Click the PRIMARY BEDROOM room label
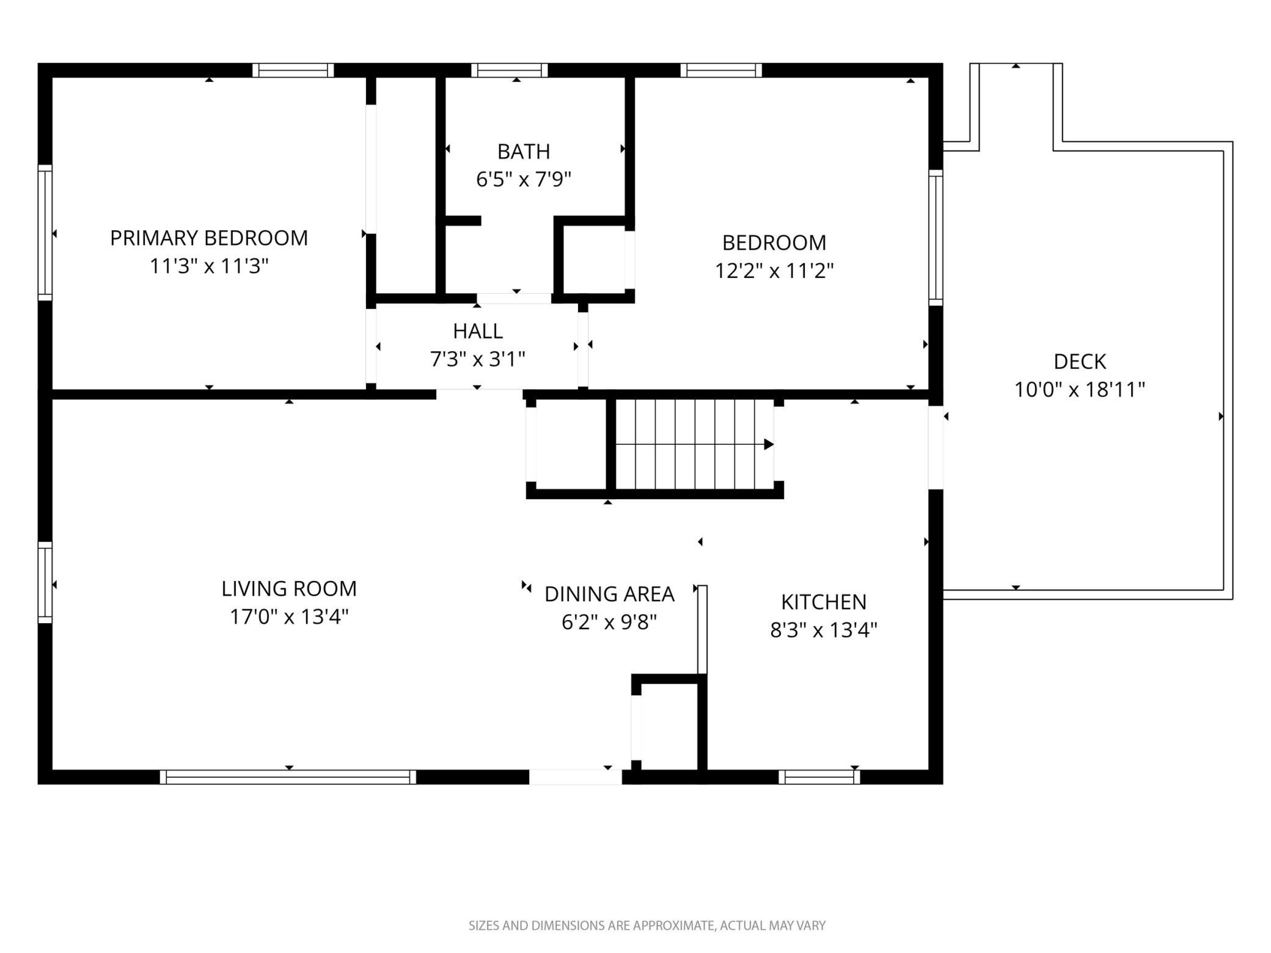click(209, 238)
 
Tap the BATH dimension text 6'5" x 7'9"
click(524, 180)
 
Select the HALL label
click(478, 331)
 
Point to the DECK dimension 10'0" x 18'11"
click(1080, 389)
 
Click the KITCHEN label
click(824, 602)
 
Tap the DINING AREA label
click(609, 594)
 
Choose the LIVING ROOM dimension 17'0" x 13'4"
click(289, 617)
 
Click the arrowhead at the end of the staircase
click(769, 444)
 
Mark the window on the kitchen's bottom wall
click(819, 776)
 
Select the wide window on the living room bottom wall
click(288, 776)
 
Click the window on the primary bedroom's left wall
click(45, 232)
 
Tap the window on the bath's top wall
click(510, 70)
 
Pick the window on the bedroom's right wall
click(936, 238)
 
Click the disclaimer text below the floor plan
click(647, 926)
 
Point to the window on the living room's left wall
click(45, 582)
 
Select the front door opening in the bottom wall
click(576, 776)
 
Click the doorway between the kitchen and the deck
click(936, 448)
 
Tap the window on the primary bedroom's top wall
click(293, 70)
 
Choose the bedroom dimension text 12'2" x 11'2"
click(774, 271)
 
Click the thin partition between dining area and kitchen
click(702, 629)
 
